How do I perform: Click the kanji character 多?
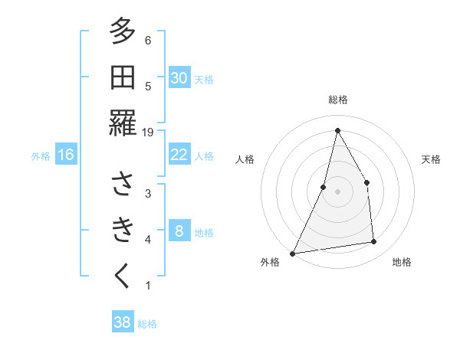pos(123,32)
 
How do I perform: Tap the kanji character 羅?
pos(123,123)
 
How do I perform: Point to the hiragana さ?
pos(123,185)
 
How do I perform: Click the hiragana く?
pos(123,277)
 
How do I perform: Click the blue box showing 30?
pos(179,78)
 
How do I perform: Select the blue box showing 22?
pos(179,155)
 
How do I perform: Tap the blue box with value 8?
pos(179,231)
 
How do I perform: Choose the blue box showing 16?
pos(66,155)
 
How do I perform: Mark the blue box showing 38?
pos(123,322)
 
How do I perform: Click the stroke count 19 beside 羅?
pos(148,133)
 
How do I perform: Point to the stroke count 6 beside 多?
pos(148,41)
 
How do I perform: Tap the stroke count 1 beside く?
pos(148,286)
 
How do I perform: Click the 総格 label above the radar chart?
pos(337,100)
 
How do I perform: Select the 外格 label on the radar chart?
pos(270,263)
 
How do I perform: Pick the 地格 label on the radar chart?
pos(402,263)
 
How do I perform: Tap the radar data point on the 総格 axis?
pos(337,130)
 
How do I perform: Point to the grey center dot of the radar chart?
pos(337,191)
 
